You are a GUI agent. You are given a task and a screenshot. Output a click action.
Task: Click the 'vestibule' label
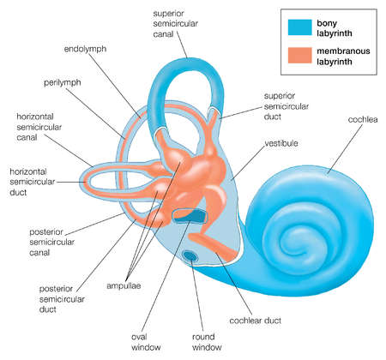click(x=280, y=143)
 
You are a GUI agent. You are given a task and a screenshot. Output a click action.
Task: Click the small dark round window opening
click(x=190, y=255)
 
